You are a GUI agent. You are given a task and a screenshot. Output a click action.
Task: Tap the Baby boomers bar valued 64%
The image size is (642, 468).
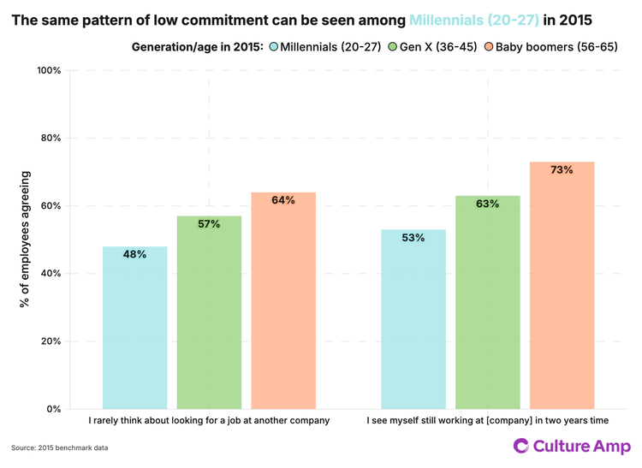tap(283, 300)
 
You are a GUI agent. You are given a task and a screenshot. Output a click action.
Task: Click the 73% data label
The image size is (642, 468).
tap(562, 170)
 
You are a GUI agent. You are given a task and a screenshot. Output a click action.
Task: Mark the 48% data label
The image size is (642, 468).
tap(134, 254)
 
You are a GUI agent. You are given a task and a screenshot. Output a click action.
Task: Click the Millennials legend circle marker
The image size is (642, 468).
tap(274, 46)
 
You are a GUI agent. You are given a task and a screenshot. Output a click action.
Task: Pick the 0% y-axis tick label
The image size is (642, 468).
tap(52, 409)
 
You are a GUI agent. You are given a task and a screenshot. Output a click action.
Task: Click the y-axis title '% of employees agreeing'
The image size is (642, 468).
tap(25, 240)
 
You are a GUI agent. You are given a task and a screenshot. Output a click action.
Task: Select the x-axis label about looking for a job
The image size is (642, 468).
tap(209, 421)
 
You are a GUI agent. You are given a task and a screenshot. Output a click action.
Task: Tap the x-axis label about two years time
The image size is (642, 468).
tap(487, 421)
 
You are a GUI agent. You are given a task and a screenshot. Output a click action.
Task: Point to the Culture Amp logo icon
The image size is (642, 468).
tap(520, 446)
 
